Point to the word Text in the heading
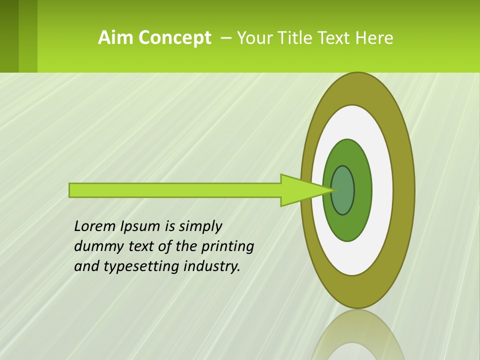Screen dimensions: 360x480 pos(335,38)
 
